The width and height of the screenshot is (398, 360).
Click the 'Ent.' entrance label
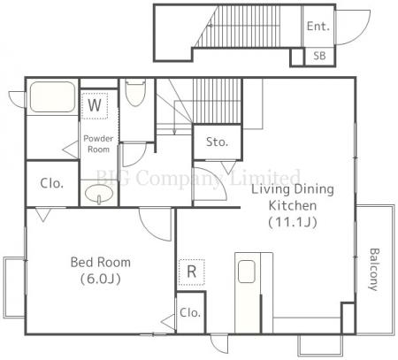point(318,27)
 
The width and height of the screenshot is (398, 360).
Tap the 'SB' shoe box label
point(319,56)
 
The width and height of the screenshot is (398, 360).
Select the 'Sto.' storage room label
point(217,142)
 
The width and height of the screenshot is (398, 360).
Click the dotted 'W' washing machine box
point(95,105)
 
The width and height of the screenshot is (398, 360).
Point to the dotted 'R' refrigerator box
point(192,272)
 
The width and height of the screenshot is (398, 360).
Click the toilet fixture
point(135,92)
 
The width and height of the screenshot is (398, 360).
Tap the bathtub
point(52,96)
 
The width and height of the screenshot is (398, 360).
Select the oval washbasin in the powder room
point(99,194)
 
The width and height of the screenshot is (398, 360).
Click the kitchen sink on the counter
point(247,272)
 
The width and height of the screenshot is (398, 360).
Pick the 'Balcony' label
point(374,270)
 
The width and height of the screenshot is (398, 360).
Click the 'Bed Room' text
point(101,262)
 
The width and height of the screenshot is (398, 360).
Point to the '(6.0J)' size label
point(101,279)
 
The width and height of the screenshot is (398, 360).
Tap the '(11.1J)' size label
point(293,222)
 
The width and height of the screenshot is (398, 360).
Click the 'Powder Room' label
point(98,144)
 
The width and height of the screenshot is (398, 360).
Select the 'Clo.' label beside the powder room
point(52,183)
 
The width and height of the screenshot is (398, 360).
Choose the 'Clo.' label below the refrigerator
point(190,312)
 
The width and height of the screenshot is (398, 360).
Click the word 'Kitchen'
point(293,205)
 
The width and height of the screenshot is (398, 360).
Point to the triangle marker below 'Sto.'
point(228,167)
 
